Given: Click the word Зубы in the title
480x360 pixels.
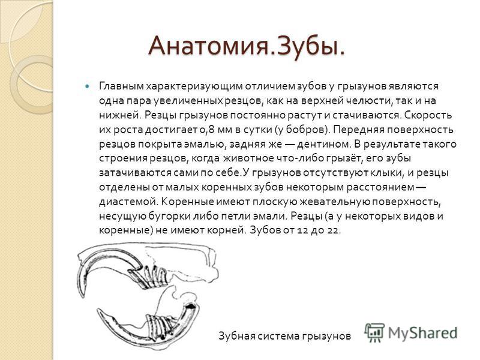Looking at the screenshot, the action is [x=307, y=46].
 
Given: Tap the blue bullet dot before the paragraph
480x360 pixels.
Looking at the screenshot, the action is [x=88, y=86].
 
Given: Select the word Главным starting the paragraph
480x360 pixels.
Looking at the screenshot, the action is [x=121, y=86].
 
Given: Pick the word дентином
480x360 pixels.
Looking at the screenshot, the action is [x=324, y=144].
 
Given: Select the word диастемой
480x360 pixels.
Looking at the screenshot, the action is [x=128, y=202].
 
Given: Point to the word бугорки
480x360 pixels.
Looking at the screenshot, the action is [x=170, y=217].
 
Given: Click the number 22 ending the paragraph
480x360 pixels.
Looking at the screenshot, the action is [x=333, y=230].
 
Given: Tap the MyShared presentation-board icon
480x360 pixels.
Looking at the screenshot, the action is [x=374, y=332].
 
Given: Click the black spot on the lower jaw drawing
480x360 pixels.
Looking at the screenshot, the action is [x=190, y=305].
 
